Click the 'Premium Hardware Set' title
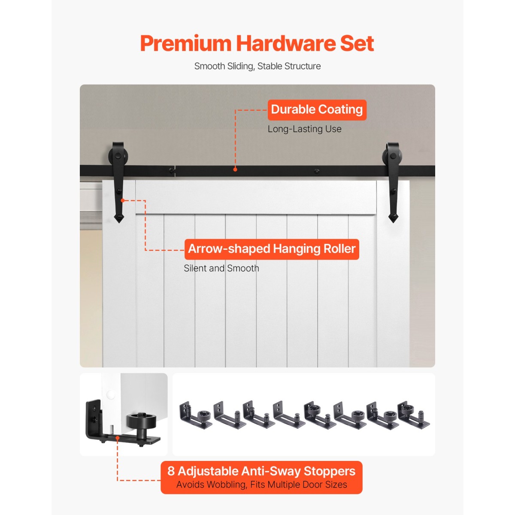click(x=257, y=43)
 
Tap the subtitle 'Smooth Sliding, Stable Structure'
click(x=257, y=66)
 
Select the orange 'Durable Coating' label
click(x=317, y=110)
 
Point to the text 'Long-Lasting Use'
click(x=305, y=129)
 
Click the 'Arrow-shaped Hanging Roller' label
click(x=272, y=249)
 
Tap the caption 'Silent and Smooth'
click(x=221, y=268)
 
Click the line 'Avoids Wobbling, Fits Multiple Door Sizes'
click(x=261, y=485)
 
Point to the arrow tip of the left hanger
click(x=119, y=222)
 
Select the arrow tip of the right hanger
click(x=393, y=222)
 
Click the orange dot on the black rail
click(x=235, y=169)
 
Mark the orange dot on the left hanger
click(x=122, y=200)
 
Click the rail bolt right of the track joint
click(x=317, y=171)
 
